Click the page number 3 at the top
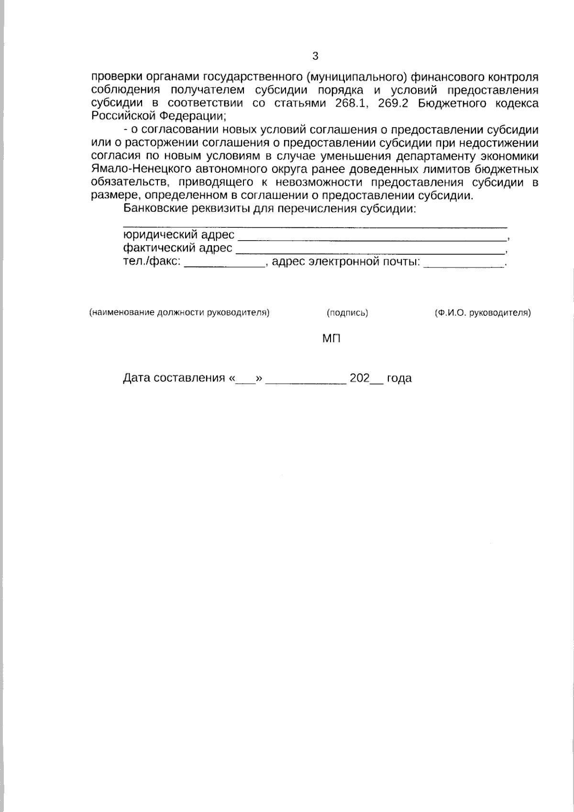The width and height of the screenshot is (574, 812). click(315, 56)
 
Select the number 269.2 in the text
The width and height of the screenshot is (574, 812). click(393, 103)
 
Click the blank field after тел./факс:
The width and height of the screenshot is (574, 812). click(225, 263)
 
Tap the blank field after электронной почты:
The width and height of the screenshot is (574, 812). click(464, 263)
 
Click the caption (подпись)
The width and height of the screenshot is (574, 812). click(347, 313)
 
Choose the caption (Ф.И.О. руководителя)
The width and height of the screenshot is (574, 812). click(483, 313)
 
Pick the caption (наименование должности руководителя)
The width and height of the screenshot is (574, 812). click(179, 313)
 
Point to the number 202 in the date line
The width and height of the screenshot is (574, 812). click(359, 378)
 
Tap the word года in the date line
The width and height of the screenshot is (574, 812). click(399, 378)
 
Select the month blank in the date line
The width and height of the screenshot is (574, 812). click(306, 380)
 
